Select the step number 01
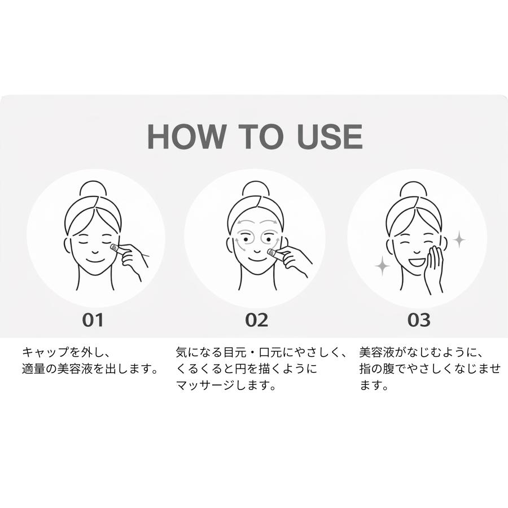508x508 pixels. pyautogui.click(x=93, y=320)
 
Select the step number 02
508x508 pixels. pyautogui.click(x=256, y=320)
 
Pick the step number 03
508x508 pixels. pyautogui.click(x=419, y=320)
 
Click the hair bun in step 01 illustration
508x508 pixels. pyautogui.click(x=93, y=189)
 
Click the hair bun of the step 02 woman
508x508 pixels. pyautogui.click(x=256, y=189)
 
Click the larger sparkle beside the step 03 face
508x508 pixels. pyautogui.click(x=382, y=265)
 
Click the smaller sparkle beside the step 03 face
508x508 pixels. pyautogui.click(x=459, y=239)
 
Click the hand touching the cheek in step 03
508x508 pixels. pyautogui.click(x=436, y=265)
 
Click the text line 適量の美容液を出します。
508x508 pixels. pyautogui.click(x=89, y=370)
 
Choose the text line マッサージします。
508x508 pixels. pyautogui.click(x=226, y=387)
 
